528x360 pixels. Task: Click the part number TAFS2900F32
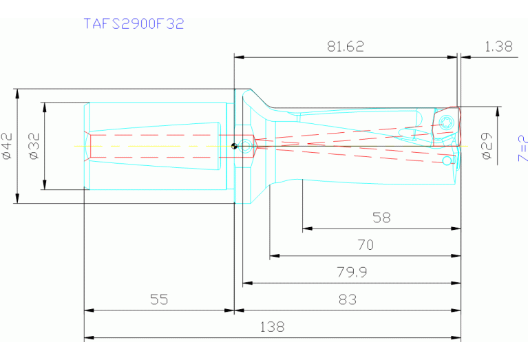point(134,23)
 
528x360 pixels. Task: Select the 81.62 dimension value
point(346,46)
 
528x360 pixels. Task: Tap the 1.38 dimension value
point(498,46)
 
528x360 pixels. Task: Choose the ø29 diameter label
point(486,146)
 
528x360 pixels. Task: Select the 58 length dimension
point(381,218)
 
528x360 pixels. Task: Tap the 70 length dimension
point(365,244)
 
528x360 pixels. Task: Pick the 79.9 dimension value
point(351,272)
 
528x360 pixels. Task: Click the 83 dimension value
point(348,299)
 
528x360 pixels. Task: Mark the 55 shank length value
point(159,299)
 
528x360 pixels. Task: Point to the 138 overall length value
point(272,327)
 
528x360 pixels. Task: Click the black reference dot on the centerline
point(235,145)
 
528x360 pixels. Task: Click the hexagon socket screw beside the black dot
point(246,145)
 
